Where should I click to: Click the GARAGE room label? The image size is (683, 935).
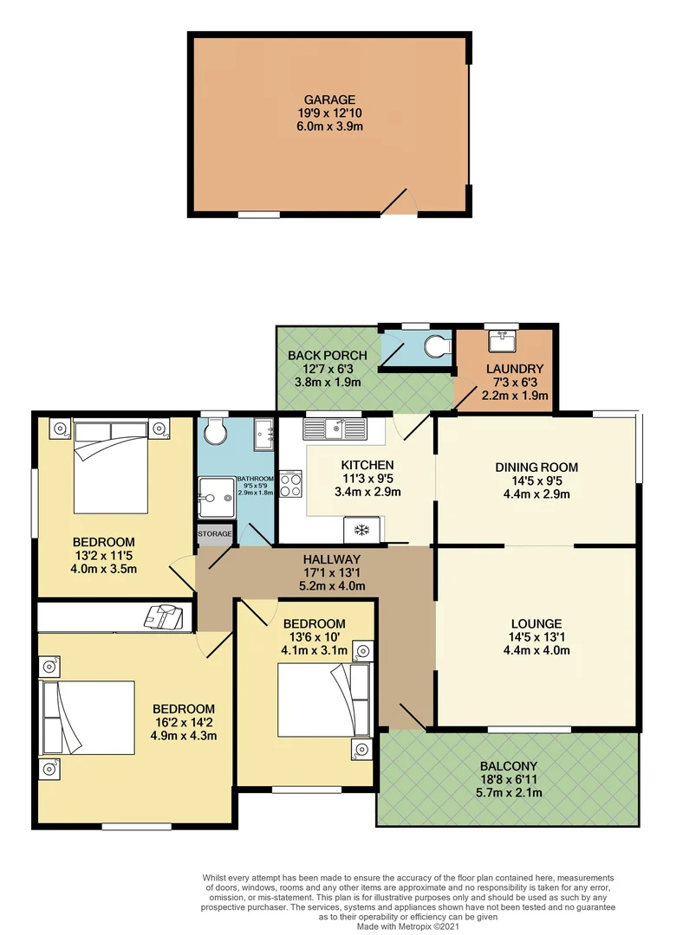329,100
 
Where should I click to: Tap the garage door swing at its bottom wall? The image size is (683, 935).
400,203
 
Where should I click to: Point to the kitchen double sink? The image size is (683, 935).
335,428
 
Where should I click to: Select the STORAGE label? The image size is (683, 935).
215,534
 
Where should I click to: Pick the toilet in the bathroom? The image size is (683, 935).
212,429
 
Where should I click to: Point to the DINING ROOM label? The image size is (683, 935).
537,467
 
